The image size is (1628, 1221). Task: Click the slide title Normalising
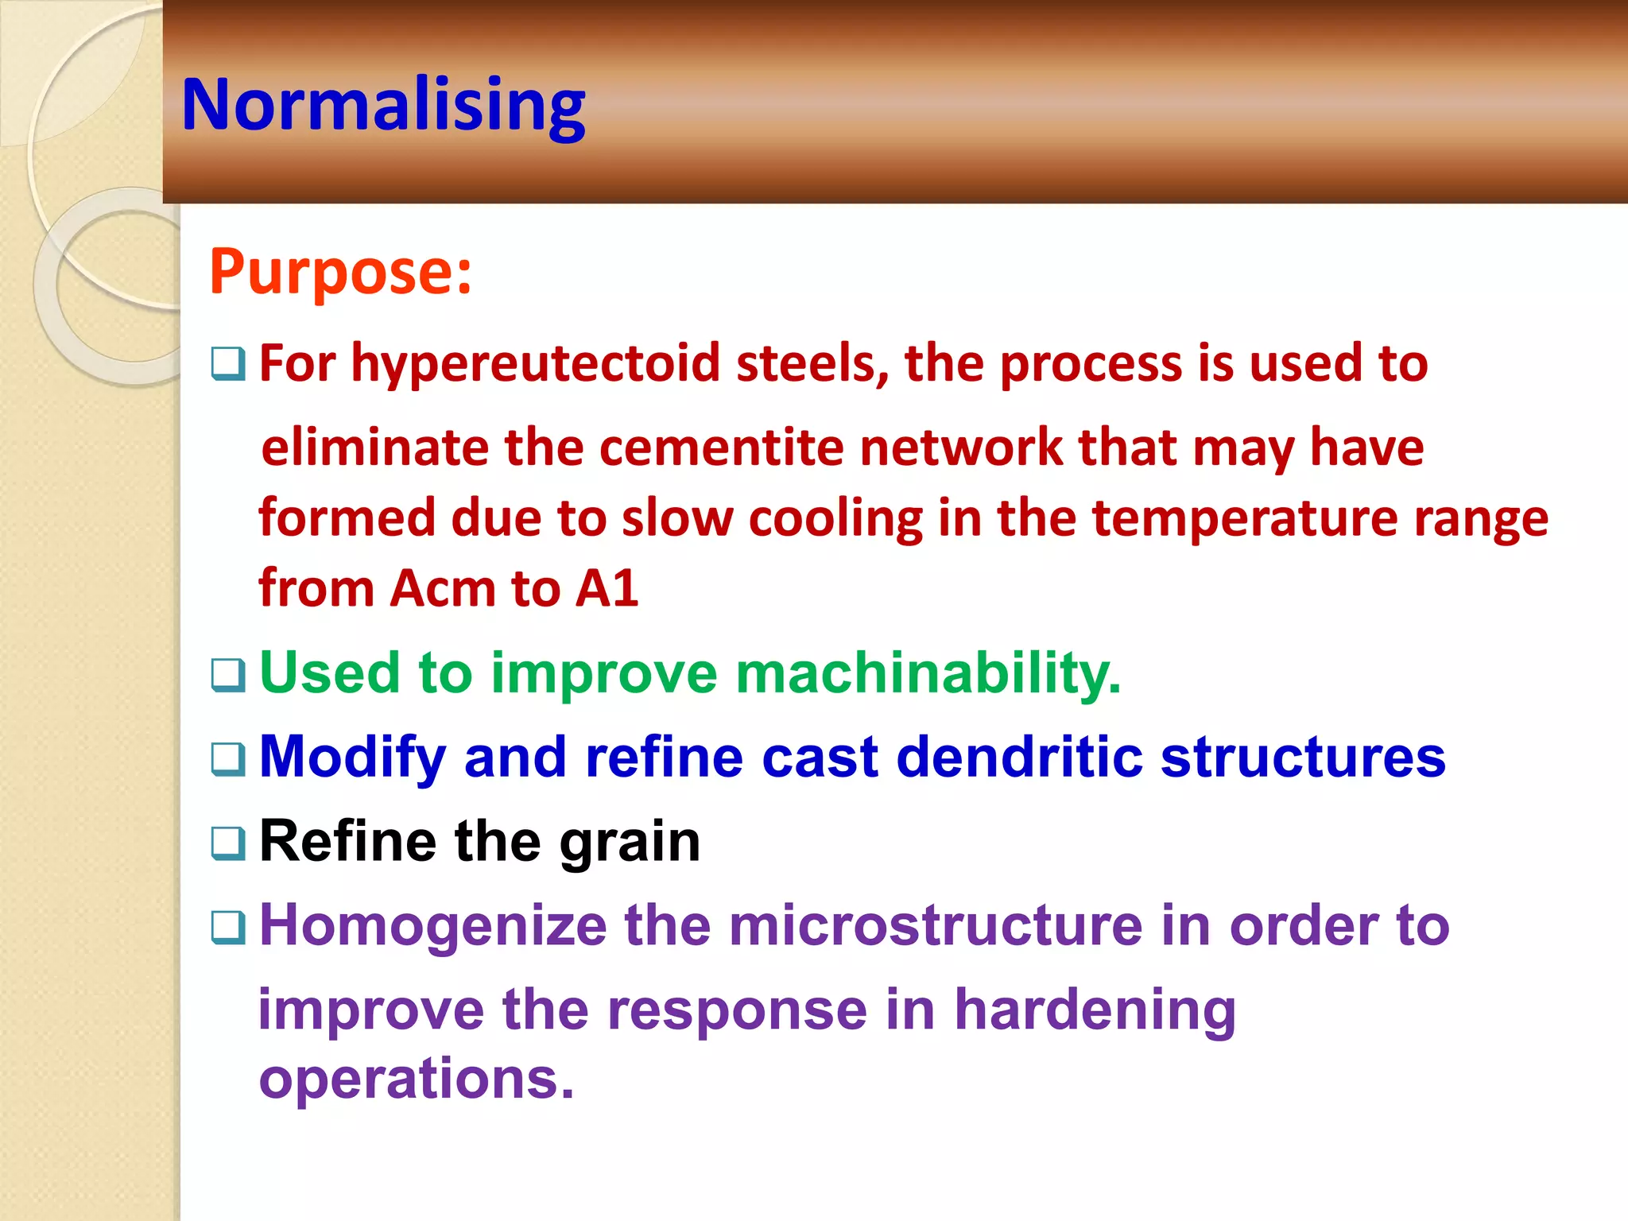coord(383,105)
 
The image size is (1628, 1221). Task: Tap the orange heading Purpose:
coord(340,272)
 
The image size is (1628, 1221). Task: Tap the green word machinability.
coord(927,673)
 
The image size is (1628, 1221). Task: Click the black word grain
coord(630,842)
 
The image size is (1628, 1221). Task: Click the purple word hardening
coord(1095,1010)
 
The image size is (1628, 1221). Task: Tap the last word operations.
coord(416,1080)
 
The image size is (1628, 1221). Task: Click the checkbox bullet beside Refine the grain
coord(227,843)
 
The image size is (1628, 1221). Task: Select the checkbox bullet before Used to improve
coord(227,675)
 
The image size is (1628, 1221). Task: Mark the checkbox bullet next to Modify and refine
coord(227,759)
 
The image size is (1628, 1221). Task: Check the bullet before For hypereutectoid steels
coord(227,365)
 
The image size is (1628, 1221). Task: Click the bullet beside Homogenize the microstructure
coord(227,928)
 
